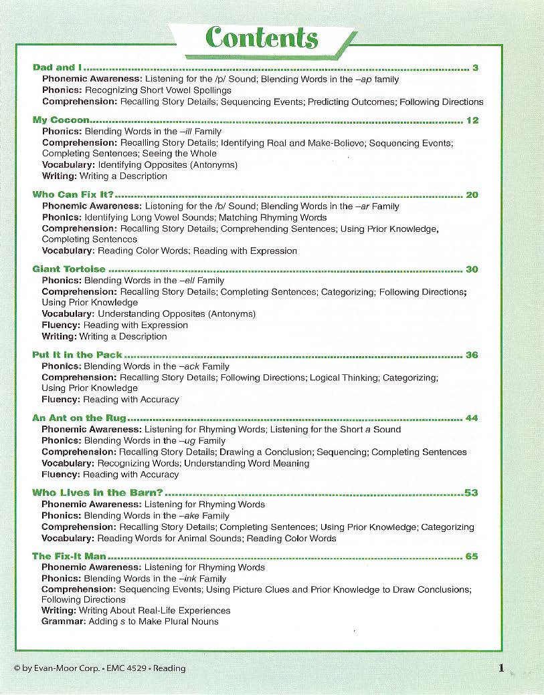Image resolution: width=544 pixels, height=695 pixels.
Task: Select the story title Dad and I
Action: point(58,67)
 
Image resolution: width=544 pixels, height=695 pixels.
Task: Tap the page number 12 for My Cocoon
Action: point(472,120)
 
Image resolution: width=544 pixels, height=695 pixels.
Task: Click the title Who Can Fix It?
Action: point(73,195)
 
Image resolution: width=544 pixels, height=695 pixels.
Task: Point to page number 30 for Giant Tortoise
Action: point(472,269)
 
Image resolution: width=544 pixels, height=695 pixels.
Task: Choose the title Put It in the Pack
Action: point(77,355)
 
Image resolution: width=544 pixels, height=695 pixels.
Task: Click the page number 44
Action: point(472,418)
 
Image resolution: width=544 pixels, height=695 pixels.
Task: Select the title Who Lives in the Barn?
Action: point(98,493)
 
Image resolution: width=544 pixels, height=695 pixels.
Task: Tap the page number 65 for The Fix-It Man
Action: point(472,556)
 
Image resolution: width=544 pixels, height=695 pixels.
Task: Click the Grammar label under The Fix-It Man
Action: point(64,621)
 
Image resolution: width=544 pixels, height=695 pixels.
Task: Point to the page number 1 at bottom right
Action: point(501,667)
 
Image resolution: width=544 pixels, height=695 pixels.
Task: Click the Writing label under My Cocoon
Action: point(60,176)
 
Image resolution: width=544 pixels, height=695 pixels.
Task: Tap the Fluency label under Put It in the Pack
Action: point(61,400)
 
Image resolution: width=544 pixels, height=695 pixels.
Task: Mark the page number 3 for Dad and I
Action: point(475,67)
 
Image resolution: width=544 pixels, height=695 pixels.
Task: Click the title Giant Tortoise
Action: point(69,269)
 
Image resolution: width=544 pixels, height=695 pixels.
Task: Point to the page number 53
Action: point(471,493)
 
